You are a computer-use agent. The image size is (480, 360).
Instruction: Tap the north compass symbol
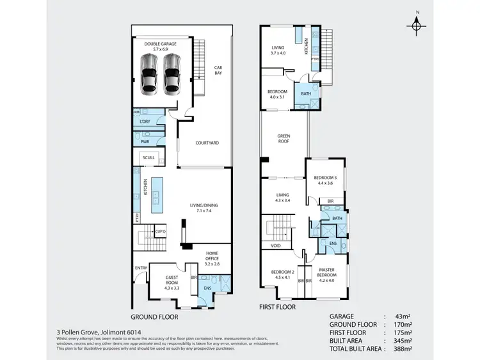(x=417, y=24)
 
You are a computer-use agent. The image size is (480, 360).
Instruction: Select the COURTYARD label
(x=207, y=143)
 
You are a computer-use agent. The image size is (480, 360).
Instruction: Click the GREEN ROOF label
(x=284, y=139)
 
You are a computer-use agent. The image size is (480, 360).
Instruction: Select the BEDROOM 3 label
(x=326, y=180)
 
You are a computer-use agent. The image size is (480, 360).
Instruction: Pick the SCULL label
(x=148, y=157)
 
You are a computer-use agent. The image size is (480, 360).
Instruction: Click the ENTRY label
(x=140, y=268)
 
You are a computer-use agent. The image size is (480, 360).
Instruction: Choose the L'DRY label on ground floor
(x=144, y=121)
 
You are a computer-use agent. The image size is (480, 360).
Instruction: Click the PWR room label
(x=144, y=141)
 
